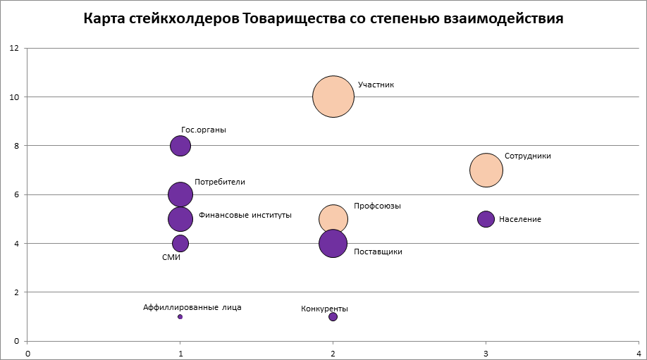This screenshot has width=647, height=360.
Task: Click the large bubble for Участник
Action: [x=333, y=97]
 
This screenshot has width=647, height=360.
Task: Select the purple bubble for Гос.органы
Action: [x=180, y=146]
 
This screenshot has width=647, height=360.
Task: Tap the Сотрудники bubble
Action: [x=486, y=170]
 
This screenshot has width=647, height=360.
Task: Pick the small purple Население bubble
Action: [x=486, y=219]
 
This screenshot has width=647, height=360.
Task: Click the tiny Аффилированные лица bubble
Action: [x=180, y=316]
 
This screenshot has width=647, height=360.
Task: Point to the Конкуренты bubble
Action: [x=333, y=316]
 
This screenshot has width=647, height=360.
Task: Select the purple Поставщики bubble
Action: [x=333, y=244]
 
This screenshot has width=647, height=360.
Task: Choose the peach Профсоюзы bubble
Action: [x=333, y=218]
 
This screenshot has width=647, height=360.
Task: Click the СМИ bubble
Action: [x=180, y=243]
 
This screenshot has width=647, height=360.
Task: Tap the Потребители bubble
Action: [x=180, y=194]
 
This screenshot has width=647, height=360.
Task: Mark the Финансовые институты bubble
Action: [x=180, y=219]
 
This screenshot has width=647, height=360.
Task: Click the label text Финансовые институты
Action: [x=245, y=215]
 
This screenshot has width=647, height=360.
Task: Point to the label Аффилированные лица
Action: [x=192, y=307]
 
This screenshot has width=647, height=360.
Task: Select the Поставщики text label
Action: [x=378, y=252]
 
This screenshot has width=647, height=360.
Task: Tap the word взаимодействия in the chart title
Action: [x=503, y=19]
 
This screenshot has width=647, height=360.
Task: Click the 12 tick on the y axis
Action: [x=13, y=48]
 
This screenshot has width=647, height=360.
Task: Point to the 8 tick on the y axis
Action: [x=16, y=146]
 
